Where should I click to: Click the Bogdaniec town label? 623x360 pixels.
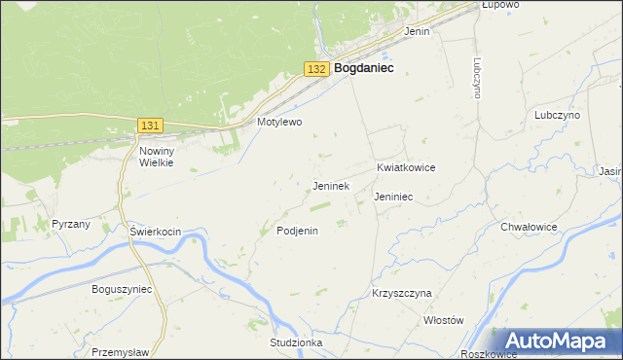pyautogui.click(x=363, y=69)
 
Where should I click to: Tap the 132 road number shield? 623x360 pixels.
pyautogui.click(x=315, y=69)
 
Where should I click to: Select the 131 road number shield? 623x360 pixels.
pyautogui.click(x=150, y=126)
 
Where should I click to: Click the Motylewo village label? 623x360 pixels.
pyautogui.click(x=280, y=123)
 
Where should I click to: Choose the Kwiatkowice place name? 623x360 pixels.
pyautogui.click(x=406, y=167)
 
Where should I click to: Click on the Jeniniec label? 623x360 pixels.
pyautogui.click(x=393, y=197)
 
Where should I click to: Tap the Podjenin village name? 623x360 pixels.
pyautogui.click(x=298, y=231)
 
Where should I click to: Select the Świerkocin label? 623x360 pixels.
pyautogui.click(x=157, y=232)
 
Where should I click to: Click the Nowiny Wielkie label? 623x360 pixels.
pyautogui.click(x=156, y=157)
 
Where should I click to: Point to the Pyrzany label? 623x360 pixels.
pyautogui.click(x=71, y=224)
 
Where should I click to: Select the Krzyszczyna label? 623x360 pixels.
pyautogui.click(x=401, y=293)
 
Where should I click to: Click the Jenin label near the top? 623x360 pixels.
pyautogui.click(x=417, y=31)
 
